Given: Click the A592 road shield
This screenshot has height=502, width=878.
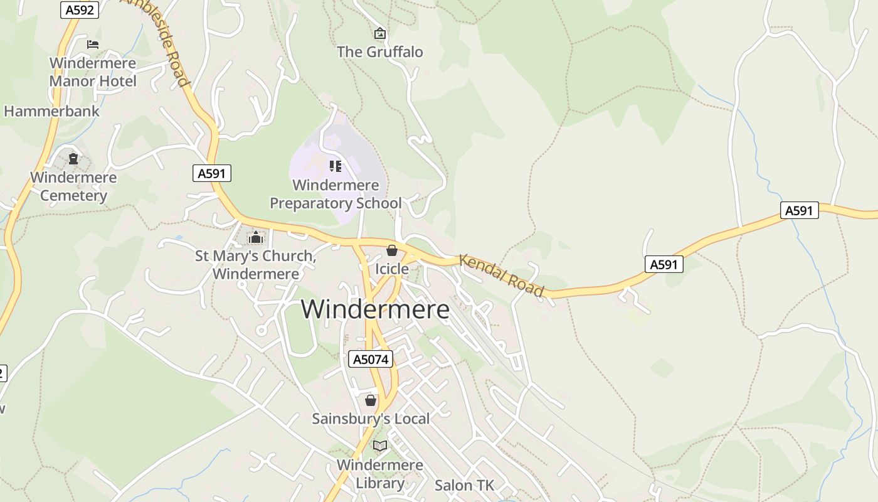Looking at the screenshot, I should point(80,9).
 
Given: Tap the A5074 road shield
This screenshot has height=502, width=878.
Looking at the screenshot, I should point(371,360).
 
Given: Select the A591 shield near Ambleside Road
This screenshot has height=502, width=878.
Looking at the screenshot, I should point(212,174).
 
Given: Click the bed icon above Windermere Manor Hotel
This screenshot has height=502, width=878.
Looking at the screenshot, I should point(93,44).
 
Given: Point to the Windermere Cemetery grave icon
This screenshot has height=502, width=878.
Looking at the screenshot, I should point(73,159).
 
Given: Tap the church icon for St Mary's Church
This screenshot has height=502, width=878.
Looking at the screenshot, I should point(255,237).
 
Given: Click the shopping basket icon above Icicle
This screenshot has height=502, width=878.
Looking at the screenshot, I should point(392,250).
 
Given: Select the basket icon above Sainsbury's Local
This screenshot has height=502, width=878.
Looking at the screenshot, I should point(371,400).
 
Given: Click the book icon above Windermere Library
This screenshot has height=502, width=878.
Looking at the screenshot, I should point(379,446).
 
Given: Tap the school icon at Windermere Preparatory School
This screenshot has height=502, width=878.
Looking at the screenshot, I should point(336,166).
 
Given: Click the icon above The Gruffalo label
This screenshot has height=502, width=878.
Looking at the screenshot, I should point(379,33).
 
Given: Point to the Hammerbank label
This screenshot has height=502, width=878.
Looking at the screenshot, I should point(51,112).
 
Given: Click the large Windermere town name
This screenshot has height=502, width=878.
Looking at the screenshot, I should point(375,309).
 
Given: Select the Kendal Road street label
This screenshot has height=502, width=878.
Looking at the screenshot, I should point(502,275).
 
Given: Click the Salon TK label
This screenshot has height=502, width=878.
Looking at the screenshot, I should point(464,485).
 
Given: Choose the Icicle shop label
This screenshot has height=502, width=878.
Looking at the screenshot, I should point(391,269).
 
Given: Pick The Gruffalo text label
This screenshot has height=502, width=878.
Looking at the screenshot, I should point(380,52).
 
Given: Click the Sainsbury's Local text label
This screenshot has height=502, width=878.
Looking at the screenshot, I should point(371,419).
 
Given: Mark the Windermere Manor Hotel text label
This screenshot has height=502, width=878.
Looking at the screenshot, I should point(93,72).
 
